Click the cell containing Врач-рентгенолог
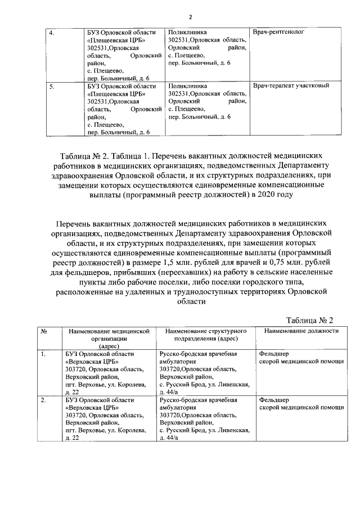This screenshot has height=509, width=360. pos(278,33)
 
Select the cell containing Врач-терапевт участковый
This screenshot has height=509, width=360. pos(291,86)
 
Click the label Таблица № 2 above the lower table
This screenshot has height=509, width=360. pos(309,320)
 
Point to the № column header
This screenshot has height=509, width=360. pos(43,331)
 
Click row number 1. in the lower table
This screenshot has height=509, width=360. pos(43,354)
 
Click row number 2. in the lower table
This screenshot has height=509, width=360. pos(43,400)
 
